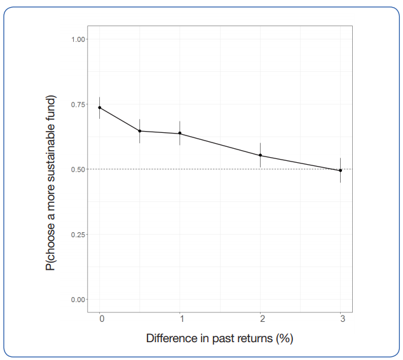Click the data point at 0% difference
(x=100, y=107)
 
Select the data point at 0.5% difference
(x=140, y=131)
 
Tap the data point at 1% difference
(x=180, y=134)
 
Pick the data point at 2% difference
(x=260, y=155)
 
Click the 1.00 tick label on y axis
(x=79, y=39)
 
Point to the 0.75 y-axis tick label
(x=79, y=104)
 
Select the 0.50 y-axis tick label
(x=79, y=169)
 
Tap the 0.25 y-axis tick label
(x=79, y=234)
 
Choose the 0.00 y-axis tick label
(x=79, y=299)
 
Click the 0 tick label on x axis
(x=101, y=318)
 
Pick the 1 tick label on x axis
(x=181, y=318)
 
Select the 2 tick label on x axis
(x=261, y=318)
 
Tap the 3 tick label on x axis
(x=343, y=318)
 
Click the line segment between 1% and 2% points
(x=220, y=144)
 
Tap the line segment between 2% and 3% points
(x=300, y=163)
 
